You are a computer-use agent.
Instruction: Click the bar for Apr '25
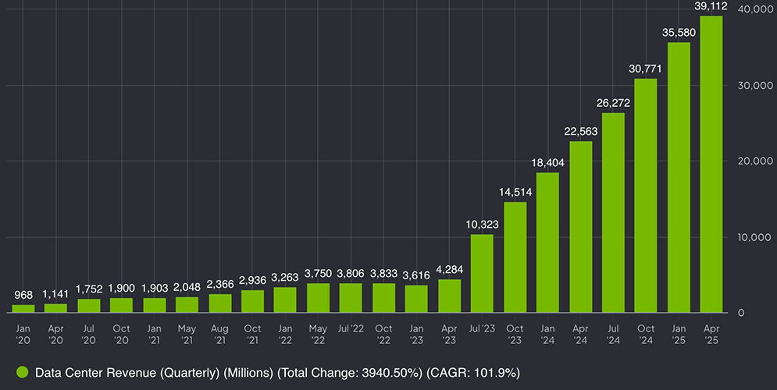tap(711, 164)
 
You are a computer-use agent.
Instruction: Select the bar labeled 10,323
tap(482, 273)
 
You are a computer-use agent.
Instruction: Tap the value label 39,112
tap(711, 6)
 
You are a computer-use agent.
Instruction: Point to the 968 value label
tap(23, 296)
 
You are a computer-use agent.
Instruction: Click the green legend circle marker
tap(23, 373)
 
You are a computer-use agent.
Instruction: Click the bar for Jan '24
tap(547, 242)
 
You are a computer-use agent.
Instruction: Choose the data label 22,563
tap(580, 131)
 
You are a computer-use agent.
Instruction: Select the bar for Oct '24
tap(645, 195)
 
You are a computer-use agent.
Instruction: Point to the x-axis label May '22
tap(319, 334)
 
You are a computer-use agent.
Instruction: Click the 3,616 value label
tap(416, 275)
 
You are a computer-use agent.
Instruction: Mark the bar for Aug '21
tap(219, 303)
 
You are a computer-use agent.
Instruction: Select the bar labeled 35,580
tap(678, 177)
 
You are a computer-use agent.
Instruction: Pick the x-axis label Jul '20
tap(89, 334)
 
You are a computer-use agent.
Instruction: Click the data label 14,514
tap(515, 192)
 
